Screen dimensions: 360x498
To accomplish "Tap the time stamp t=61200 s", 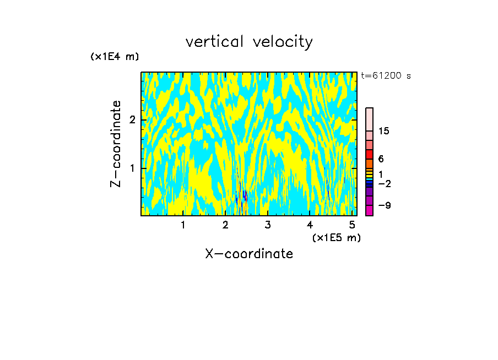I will coord(386,76).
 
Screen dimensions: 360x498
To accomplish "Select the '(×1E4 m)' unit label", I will coord(115,57).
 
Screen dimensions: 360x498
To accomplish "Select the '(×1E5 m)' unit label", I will coord(336,237).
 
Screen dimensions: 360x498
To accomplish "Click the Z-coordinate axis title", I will coord(116,144).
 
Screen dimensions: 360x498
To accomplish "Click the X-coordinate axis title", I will coord(249,254).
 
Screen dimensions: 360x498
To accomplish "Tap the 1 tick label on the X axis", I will coord(183,225).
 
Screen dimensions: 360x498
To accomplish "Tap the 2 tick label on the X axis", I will coord(225,225).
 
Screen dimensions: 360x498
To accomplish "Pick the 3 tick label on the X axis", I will coord(268,225).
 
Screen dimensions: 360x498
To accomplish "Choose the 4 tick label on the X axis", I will coord(310,225).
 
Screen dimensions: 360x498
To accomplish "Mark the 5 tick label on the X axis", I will coord(352,225).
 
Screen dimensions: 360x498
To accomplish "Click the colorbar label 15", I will coord(383,131).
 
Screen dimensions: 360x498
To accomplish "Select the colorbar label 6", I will coord(381,159).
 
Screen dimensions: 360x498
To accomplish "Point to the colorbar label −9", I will coord(383,205).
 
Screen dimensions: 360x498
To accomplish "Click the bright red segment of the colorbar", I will coord(369,154).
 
